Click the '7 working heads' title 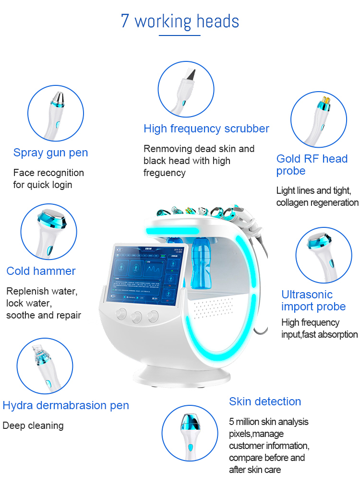(x=180, y=22)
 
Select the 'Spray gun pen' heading (x=50, y=153)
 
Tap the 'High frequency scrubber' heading (x=206, y=129)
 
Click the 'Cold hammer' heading (x=41, y=271)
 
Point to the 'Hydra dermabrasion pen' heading (x=66, y=405)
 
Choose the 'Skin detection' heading (x=265, y=401)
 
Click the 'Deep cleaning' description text (x=33, y=425)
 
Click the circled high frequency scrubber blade (x=188, y=77)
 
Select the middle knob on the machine (x=137, y=316)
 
